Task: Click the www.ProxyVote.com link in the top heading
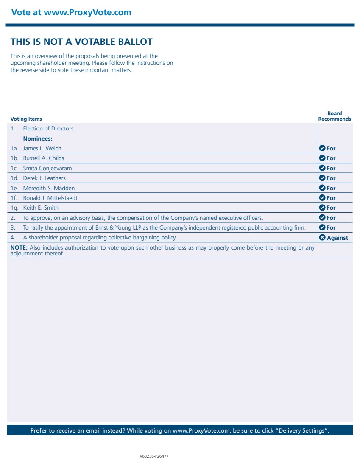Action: click(x=87, y=12)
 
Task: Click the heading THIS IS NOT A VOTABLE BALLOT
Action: click(x=81, y=42)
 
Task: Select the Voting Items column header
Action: click(x=26, y=119)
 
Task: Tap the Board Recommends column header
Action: click(x=335, y=116)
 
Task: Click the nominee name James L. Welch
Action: click(x=42, y=148)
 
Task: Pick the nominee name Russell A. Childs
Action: click(x=44, y=158)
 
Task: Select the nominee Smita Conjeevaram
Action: click(x=47, y=168)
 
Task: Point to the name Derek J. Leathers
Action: click(x=44, y=178)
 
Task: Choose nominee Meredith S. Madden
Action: click(x=49, y=188)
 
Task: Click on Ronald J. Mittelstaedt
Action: click(x=50, y=198)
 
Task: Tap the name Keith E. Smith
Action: click(x=41, y=208)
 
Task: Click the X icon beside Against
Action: click(x=322, y=237)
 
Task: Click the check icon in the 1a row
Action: click(x=322, y=148)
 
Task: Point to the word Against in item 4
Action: click(x=338, y=238)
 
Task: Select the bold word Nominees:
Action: click(x=38, y=139)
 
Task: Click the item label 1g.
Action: click(x=14, y=208)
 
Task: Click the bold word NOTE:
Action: click(x=19, y=247)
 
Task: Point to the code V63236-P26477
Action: click(x=154, y=456)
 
